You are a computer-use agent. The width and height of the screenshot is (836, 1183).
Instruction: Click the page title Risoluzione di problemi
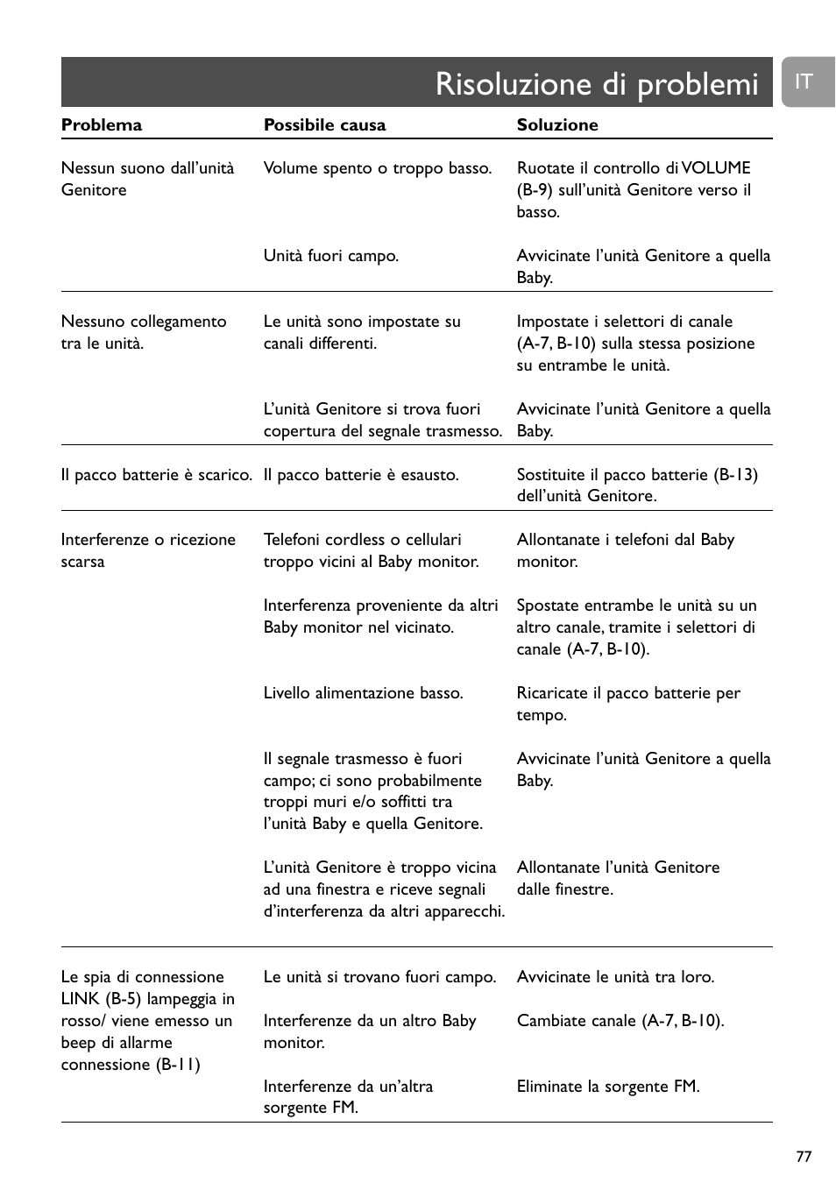[596, 84]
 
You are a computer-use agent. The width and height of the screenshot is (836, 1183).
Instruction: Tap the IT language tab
[804, 81]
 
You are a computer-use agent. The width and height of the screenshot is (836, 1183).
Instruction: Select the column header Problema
[102, 124]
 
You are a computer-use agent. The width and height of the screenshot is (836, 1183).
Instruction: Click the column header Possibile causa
[324, 124]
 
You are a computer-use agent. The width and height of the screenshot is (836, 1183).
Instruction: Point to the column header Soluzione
[557, 124]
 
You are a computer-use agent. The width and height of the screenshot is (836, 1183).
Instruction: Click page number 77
[804, 1157]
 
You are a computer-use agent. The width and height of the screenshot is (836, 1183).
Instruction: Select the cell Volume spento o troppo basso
[378, 168]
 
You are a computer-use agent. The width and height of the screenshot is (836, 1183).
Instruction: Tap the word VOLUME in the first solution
[716, 168]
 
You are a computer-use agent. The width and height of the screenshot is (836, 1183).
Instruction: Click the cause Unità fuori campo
[331, 256]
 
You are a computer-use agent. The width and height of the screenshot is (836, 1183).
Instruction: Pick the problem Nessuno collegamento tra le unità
[144, 332]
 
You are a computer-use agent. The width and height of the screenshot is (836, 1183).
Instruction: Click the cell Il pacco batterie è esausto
[361, 475]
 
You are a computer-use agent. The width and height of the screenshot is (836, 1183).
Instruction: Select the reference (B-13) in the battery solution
[735, 475]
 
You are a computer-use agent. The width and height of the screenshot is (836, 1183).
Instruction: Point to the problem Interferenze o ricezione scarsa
[148, 550]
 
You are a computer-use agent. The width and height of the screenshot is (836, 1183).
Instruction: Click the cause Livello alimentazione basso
[363, 693]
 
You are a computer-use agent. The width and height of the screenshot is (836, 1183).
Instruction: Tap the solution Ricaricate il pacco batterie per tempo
[628, 704]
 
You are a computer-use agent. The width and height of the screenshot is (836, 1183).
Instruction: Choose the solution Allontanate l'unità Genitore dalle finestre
[618, 878]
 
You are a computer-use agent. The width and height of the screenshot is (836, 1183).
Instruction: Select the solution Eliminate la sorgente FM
[608, 1087]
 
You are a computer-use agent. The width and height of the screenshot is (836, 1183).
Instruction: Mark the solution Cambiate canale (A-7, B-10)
[620, 1021]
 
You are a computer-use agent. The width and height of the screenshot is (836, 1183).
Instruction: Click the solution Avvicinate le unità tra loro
[615, 977]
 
